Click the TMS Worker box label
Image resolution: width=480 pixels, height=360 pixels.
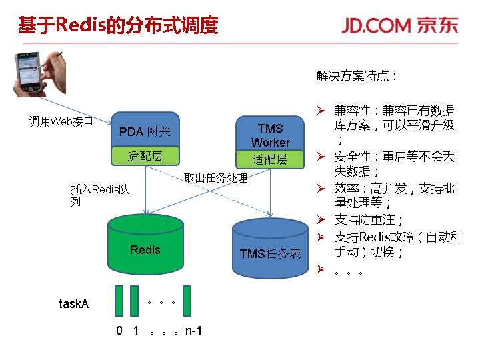pos(270,135)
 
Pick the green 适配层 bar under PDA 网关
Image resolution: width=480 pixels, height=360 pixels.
pos(145,157)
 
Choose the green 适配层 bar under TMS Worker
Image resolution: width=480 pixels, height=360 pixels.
pos(270,159)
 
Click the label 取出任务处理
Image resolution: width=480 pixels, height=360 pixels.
pos(215,178)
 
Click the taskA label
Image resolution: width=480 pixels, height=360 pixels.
pos(74,304)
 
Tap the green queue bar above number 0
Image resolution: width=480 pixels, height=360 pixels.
pos(119,301)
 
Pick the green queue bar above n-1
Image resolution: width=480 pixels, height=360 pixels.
pos(187,301)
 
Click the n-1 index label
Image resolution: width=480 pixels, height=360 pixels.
pos(193,330)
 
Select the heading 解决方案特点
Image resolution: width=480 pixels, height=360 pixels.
pos(357,76)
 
